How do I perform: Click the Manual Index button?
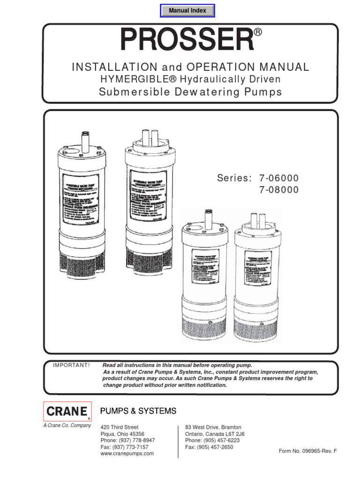point(187,10)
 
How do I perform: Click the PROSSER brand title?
point(187,40)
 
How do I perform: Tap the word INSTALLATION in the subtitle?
point(114,67)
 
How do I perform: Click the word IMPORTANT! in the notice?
point(71,365)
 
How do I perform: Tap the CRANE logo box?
point(67,412)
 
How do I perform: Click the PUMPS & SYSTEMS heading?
point(138,411)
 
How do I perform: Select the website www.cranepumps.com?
point(127,454)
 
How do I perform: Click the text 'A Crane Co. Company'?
point(67,426)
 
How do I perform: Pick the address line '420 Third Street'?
point(120,427)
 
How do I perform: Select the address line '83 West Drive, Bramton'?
point(213,427)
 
